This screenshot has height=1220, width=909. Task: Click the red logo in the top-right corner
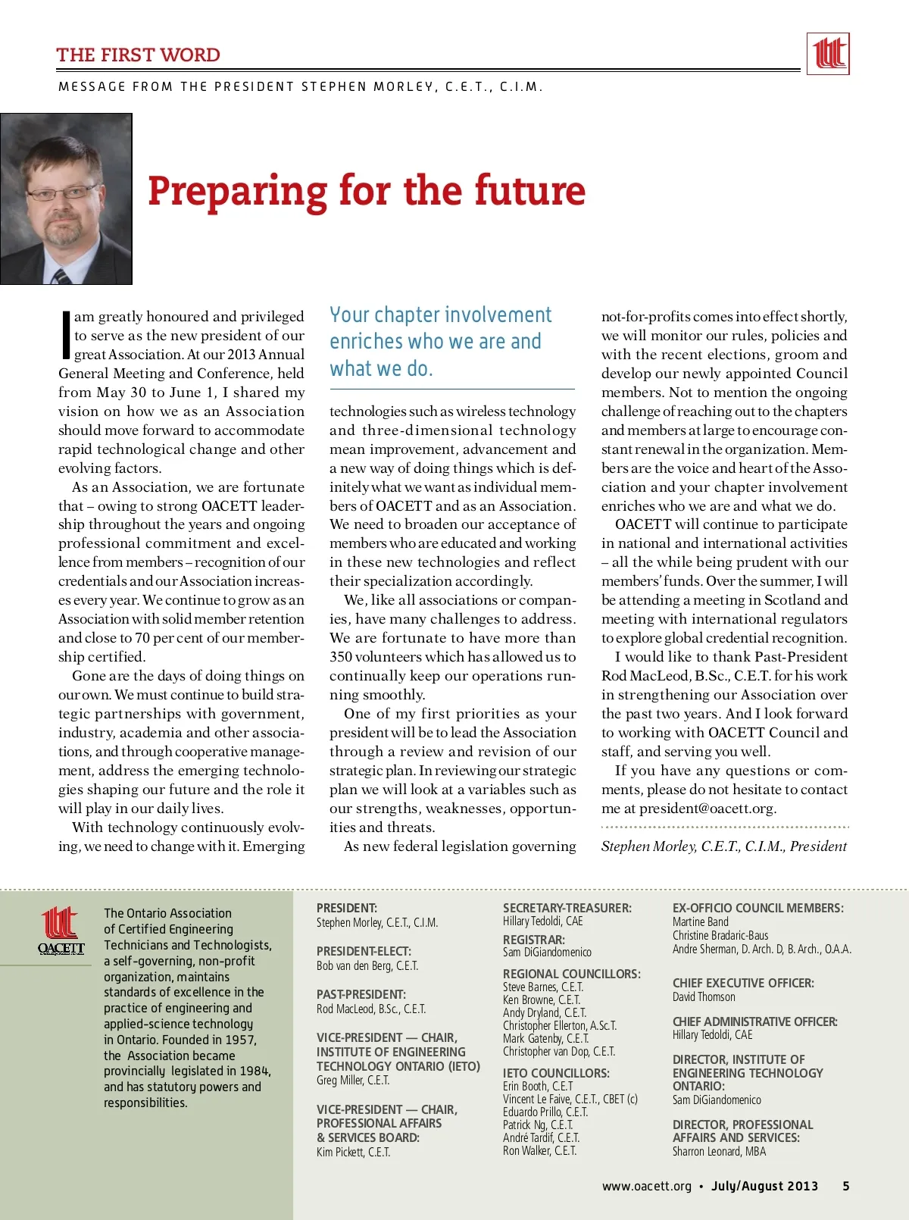(x=827, y=54)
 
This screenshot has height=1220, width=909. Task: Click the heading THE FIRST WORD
(x=138, y=55)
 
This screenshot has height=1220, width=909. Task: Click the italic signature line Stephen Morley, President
(x=723, y=846)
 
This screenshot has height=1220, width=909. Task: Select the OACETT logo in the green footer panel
(x=61, y=931)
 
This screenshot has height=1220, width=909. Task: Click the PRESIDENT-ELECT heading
(x=364, y=952)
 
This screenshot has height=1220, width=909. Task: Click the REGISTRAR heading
(x=533, y=940)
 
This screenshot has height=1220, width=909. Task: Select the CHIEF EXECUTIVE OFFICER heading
(x=743, y=983)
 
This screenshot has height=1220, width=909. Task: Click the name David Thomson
(x=704, y=997)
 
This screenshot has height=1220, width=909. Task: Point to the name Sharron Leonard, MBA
(x=719, y=1152)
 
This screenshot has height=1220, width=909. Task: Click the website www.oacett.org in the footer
(x=646, y=1187)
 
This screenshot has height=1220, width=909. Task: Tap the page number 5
(x=845, y=1187)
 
